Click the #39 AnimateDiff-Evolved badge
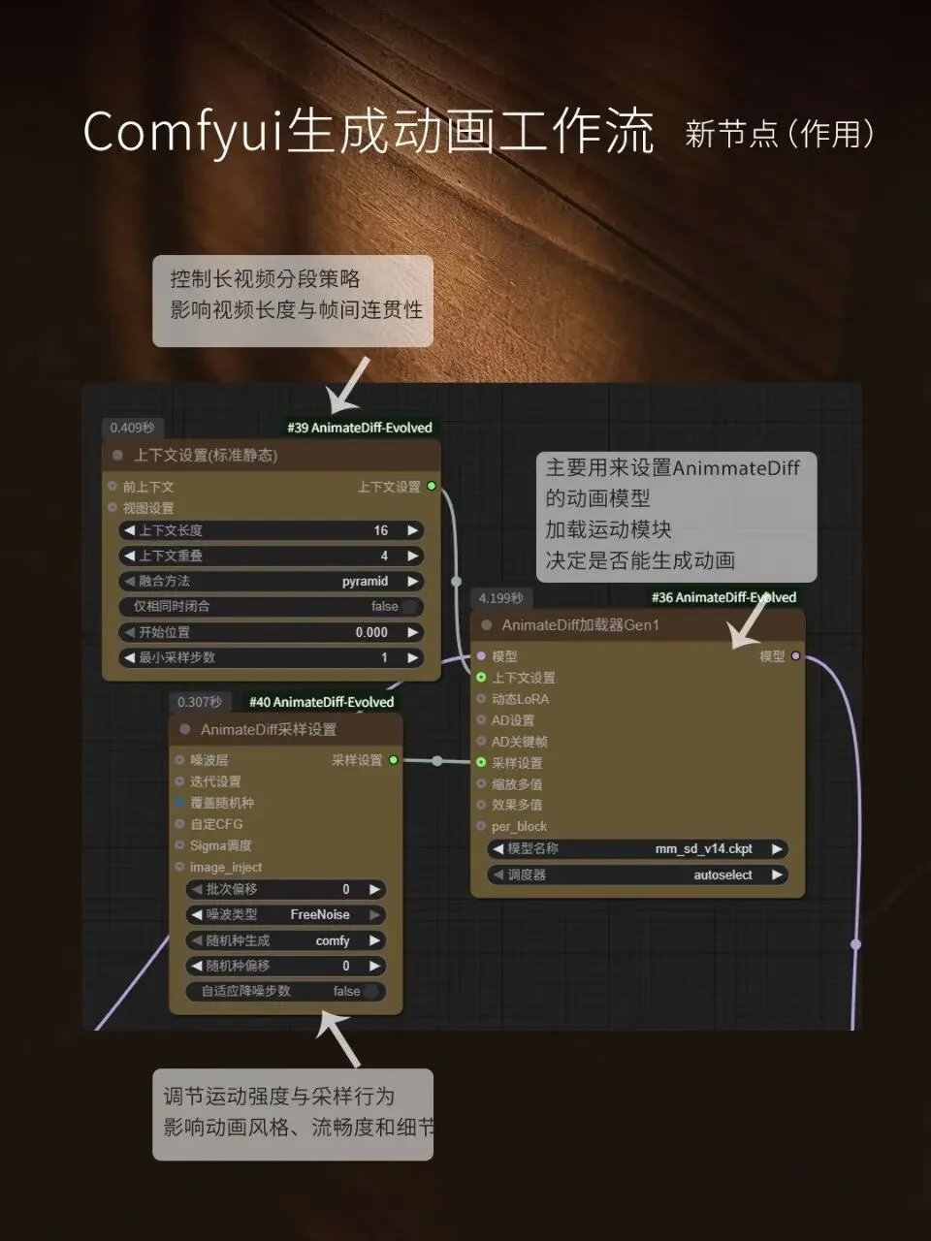click(x=360, y=428)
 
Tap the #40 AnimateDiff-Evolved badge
click(x=321, y=702)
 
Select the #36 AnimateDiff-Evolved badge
click(x=723, y=597)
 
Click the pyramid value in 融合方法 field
click(x=365, y=581)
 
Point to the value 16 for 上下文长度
click(x=381, y=530)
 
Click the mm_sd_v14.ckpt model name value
click(x=703, y=848)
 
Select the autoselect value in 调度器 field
click(x=722, y=875)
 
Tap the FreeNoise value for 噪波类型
click(x=320, y=914)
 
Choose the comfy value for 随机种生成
click(x=333, y=940)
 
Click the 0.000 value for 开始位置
click(x=371, y=632)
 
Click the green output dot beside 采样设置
click(x=394, y=760)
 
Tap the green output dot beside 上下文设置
click(x=432, y=486)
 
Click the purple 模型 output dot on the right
click(x=796, y=656)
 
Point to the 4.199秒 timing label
click(x=500, y=598)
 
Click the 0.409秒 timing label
click(x=132, y=428)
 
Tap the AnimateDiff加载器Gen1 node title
click(x=580, y=625)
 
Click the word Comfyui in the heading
click(x=181, y=132)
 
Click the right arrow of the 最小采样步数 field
click(x=413, y=657)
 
